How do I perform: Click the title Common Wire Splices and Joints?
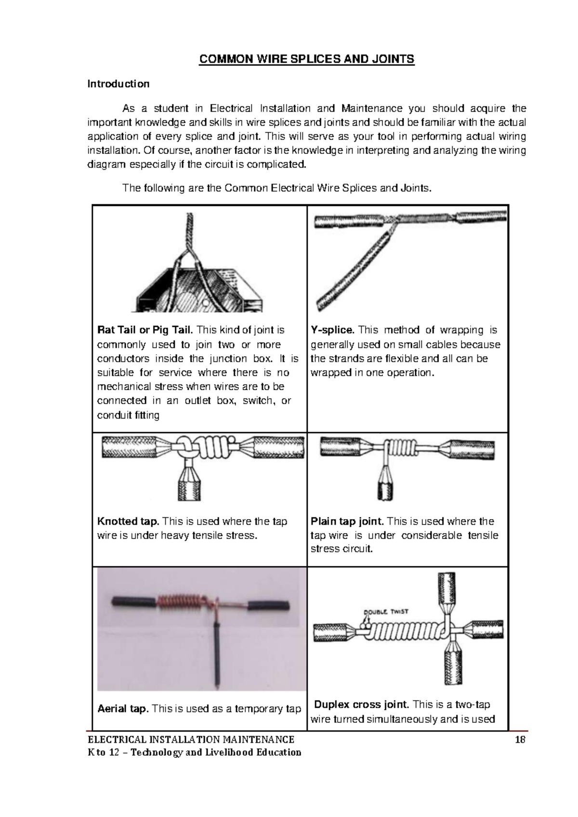[307, 59]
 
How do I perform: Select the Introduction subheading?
[118, 84]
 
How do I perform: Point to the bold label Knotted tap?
[128, 522]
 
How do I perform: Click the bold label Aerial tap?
[122, 709]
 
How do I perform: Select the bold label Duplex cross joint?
[362, 705]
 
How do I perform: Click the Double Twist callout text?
[386, 612]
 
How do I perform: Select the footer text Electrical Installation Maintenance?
[190, 740]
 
